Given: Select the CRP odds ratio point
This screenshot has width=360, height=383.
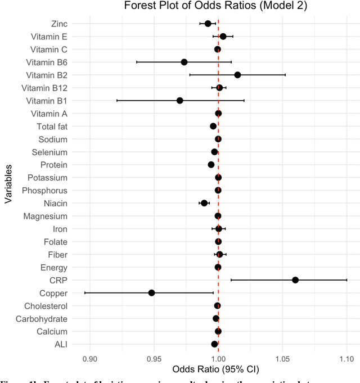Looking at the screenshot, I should pos(295,280).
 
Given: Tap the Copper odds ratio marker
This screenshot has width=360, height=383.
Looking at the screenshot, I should pos(151,293).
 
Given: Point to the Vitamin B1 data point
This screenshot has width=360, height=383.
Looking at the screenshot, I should pos(179,101).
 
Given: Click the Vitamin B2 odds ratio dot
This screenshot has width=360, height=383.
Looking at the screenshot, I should pos(237,75).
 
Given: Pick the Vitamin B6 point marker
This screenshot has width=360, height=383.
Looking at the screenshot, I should pos(184,62).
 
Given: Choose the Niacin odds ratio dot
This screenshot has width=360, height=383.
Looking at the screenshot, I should pos(204,203).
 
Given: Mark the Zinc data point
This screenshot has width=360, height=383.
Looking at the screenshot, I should pos(208,24).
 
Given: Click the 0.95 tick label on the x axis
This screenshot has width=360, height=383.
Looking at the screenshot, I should pos(154,358).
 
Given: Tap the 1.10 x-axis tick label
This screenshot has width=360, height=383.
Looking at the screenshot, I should pos(346,358).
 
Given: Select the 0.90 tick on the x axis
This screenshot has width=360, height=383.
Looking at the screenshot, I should pos(90,358).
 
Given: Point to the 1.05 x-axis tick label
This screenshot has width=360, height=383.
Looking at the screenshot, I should pos(282,358).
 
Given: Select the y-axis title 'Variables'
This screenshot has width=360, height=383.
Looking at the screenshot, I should pos(8,184).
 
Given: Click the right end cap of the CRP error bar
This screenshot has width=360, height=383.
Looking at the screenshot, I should pos(346,280).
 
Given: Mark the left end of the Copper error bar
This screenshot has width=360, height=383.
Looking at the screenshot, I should pos(85,293).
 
